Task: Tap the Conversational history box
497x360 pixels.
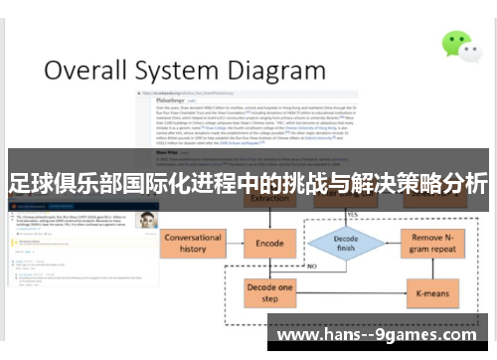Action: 193,244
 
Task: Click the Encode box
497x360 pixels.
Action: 269,243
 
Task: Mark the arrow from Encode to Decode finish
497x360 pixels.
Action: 301,244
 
